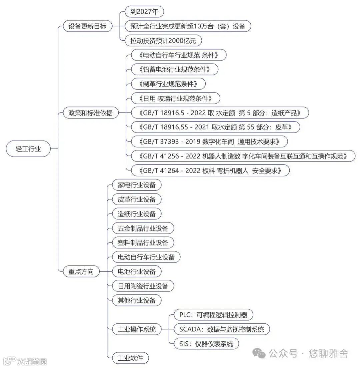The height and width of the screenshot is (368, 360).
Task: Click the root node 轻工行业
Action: click(28, 149)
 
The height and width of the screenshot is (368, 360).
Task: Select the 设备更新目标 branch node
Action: click(88, 26)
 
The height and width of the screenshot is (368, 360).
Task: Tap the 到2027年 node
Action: click(144, 12)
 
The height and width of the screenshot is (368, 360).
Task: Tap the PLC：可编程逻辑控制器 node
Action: click(213, 315)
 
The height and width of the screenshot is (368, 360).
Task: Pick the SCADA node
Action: click(221, 329)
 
